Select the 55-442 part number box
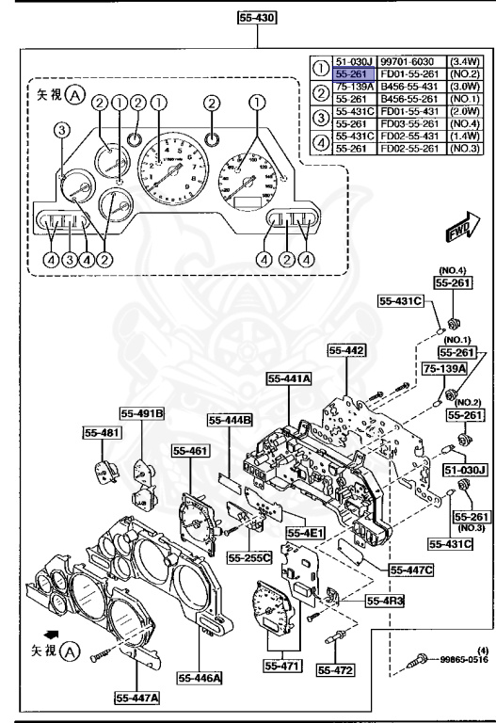347,350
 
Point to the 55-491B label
141,412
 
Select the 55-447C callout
384,570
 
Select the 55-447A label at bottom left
137,698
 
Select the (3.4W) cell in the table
462,58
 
